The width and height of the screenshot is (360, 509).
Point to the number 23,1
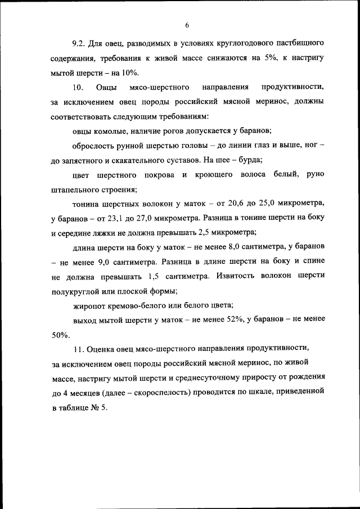coord(123,218)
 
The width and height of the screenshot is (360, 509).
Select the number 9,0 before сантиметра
coord(100,262)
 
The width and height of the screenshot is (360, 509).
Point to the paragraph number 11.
coord(79,350)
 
